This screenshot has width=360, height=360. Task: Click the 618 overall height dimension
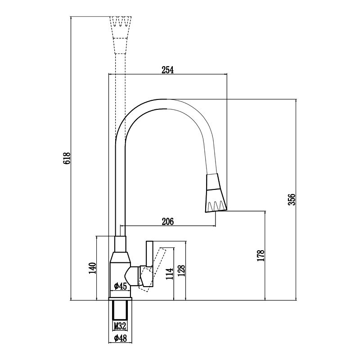pyautogui.click(x=66, y=158)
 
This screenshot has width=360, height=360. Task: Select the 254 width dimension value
pyautogui.click(x=167, y=70)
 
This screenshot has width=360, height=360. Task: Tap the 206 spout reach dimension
pyautogui.click(x=168, y=221)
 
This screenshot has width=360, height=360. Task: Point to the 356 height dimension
pyautogui.click(x=292, y=199)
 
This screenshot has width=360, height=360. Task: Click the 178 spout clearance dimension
pyautogui.click(x=261, y=256)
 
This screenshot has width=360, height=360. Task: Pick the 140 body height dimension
pyautogui.click(x=92, y=268)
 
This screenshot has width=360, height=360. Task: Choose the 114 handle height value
pyautogui.click(x=170, y=274)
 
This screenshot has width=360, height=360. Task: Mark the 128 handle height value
pyautogui.click(x=181, y=271)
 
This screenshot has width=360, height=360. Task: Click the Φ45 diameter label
pyautogui.click(x=120, y=286)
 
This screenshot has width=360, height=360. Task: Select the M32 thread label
pyautogui.click(x=120, y=325)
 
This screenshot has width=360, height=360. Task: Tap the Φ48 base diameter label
pyautogui.click(x=120, y=338)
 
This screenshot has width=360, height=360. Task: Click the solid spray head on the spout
pyautogui.click(x=216, y=193)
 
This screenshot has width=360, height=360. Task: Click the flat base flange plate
pyautogui.click(x=120, y=299)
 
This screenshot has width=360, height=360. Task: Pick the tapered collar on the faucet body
pyautogui.click(x=120, y=257)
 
